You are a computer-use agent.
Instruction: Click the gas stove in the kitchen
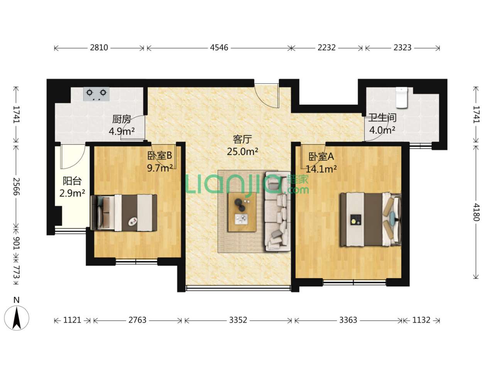tap(96, 94)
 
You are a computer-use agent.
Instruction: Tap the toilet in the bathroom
tap(402, 98)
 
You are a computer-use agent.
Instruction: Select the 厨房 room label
tap(122, 119)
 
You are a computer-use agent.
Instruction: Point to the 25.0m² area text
tap(242, 151)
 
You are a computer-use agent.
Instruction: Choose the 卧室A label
tap(321, 157)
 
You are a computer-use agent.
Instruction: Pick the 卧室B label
tap(160, 155)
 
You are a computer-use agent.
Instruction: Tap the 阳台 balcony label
tap(72, 180)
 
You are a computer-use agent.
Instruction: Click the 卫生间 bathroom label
tap(382, 118)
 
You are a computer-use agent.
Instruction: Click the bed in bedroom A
tap(370, 219)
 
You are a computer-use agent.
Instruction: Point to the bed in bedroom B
tap(124, 213)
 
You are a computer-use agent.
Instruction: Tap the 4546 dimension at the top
tap(219, 48)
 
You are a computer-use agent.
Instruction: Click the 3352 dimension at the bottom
tap(238, 320)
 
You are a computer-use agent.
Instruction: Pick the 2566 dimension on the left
tap(16, 187)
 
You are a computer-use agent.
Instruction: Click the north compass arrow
tap(17, 318)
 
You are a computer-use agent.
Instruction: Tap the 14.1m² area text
tap(321, 169)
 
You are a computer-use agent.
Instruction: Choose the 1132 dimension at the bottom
tap(421, 320)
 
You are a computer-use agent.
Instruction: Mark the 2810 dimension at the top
tap(99, 48)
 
